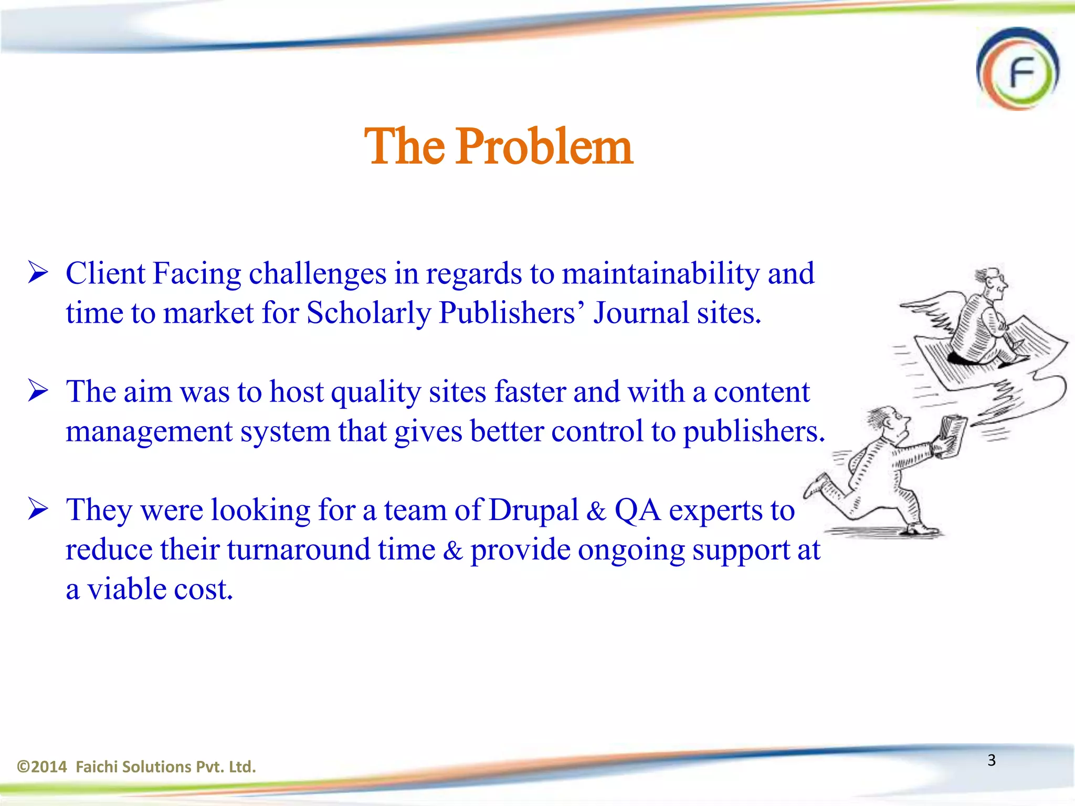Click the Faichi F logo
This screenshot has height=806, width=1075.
coord(1017,69)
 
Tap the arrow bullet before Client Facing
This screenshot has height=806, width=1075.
coord(38,273)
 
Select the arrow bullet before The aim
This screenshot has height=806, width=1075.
coord(38,391)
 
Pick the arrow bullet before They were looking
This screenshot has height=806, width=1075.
coord(38,510)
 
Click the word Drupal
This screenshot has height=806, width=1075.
coord(533,511)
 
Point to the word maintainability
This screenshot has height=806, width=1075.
coord(660,274)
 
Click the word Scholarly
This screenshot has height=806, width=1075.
coord(368,313)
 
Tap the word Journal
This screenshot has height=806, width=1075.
coord(641,313)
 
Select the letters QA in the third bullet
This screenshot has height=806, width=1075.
coord(637,511)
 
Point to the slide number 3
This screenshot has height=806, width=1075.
coord(991,760)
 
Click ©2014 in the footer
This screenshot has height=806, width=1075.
coord(42,767)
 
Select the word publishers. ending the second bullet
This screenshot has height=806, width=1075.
coord(754,432)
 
